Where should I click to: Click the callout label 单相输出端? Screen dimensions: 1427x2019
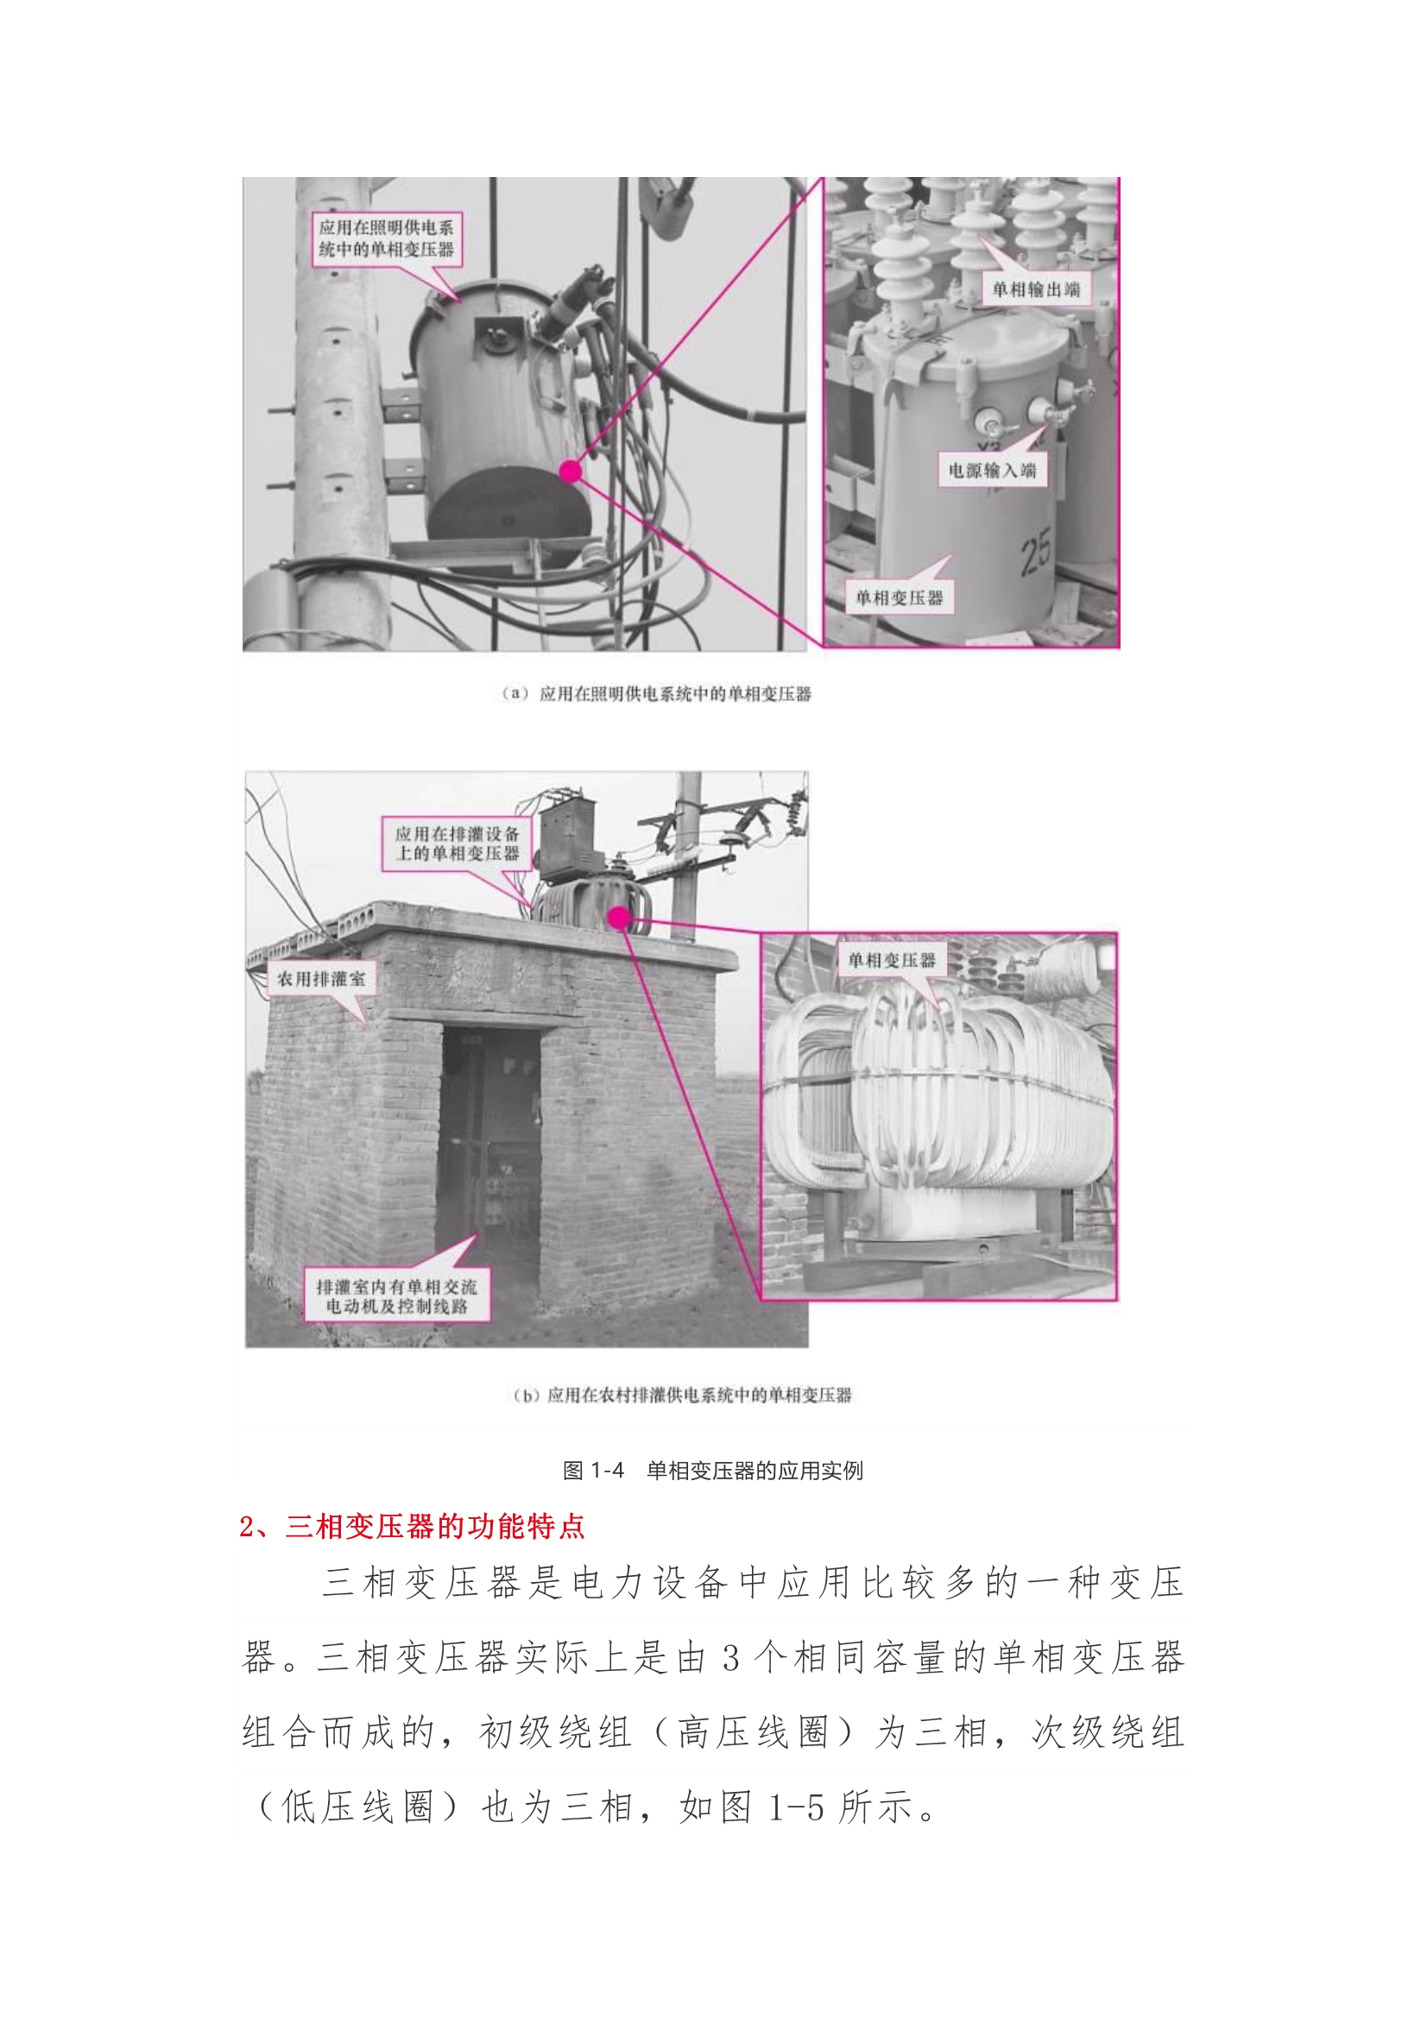coord(1036,289)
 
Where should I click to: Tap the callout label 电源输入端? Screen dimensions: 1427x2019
coord(992,471)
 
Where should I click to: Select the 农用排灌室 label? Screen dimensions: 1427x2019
coord(321,978)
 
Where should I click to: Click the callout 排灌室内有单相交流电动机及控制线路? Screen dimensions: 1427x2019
coord(396,1296)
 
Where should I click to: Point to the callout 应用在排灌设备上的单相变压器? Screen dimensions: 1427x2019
coord(457,844)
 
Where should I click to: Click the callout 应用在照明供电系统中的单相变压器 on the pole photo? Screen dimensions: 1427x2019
coord(386,238)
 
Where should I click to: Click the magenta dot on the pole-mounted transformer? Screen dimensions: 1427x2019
coord(571,472)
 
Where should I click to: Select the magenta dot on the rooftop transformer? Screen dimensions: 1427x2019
coord(619,918)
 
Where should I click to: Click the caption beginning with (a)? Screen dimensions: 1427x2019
coord(655,693)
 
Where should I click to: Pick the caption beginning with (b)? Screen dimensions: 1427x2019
coord(681,1396)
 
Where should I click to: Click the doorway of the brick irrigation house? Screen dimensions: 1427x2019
coord(489,1152)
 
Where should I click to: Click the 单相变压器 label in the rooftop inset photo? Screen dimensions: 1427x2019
coord(892,961)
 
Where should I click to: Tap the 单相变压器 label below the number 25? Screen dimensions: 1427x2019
coord(899,598)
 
